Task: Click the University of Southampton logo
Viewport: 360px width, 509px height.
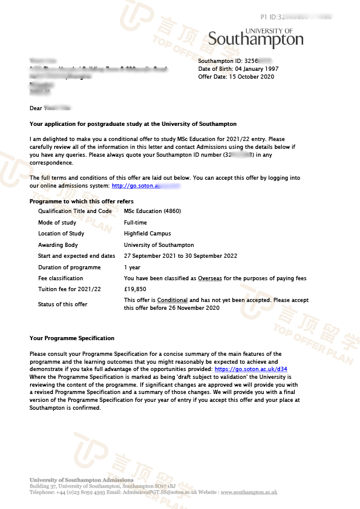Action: pyautogui.click(x=256, y=38)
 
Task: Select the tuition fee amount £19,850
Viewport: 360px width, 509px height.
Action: pyautogui.click(x=135, y=289)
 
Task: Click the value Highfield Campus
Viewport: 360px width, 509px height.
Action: pyautogui.click(x=147, y=234)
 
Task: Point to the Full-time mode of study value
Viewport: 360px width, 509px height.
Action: pyautogui.click(x=136, y=223)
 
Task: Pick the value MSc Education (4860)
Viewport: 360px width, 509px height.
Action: pyautogui.click(x=152, y=211)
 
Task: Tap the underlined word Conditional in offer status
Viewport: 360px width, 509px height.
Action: pyautogui.click(x=173, y=300)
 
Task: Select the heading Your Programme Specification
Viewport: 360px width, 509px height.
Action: pyautogui.click(x=72, y=338)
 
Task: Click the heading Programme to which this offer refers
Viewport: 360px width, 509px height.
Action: pyautogui.click(x=82, y=202)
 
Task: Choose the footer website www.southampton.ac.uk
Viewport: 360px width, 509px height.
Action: pyautogui.click(x=249, y=492)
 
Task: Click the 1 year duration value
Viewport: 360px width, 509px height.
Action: pyautogui.click(x=132, y=268)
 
